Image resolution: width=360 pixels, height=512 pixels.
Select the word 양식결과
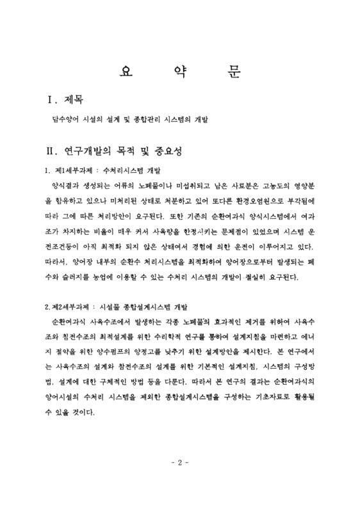(x=63, y=186)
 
